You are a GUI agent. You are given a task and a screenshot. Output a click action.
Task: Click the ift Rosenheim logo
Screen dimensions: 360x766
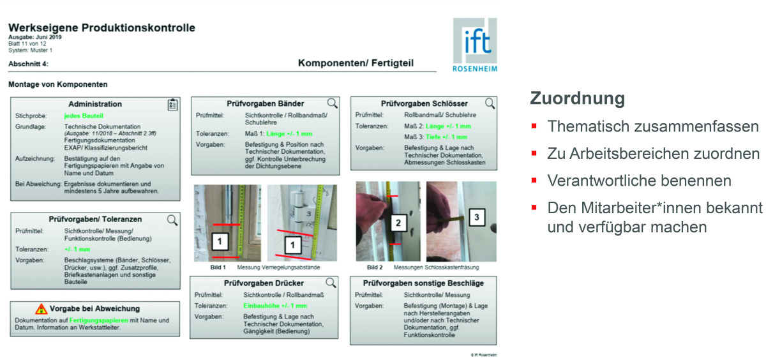474,44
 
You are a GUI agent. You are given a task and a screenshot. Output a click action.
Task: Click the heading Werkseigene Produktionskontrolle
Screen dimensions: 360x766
101,28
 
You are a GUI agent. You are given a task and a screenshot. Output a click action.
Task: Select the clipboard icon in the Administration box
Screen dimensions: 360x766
172,105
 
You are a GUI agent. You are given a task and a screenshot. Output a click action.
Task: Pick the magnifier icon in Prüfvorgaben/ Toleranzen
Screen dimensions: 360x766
172,220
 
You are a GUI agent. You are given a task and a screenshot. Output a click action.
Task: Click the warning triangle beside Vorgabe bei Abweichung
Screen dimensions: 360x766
41,309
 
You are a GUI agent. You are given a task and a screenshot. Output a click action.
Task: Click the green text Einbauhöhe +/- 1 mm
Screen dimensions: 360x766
275,306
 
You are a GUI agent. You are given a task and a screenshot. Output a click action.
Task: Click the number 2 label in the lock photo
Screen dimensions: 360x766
398,223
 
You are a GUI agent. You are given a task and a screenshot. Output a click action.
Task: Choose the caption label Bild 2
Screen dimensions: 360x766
377,267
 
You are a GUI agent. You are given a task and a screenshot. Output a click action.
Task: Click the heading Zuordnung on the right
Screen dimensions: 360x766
577,99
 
